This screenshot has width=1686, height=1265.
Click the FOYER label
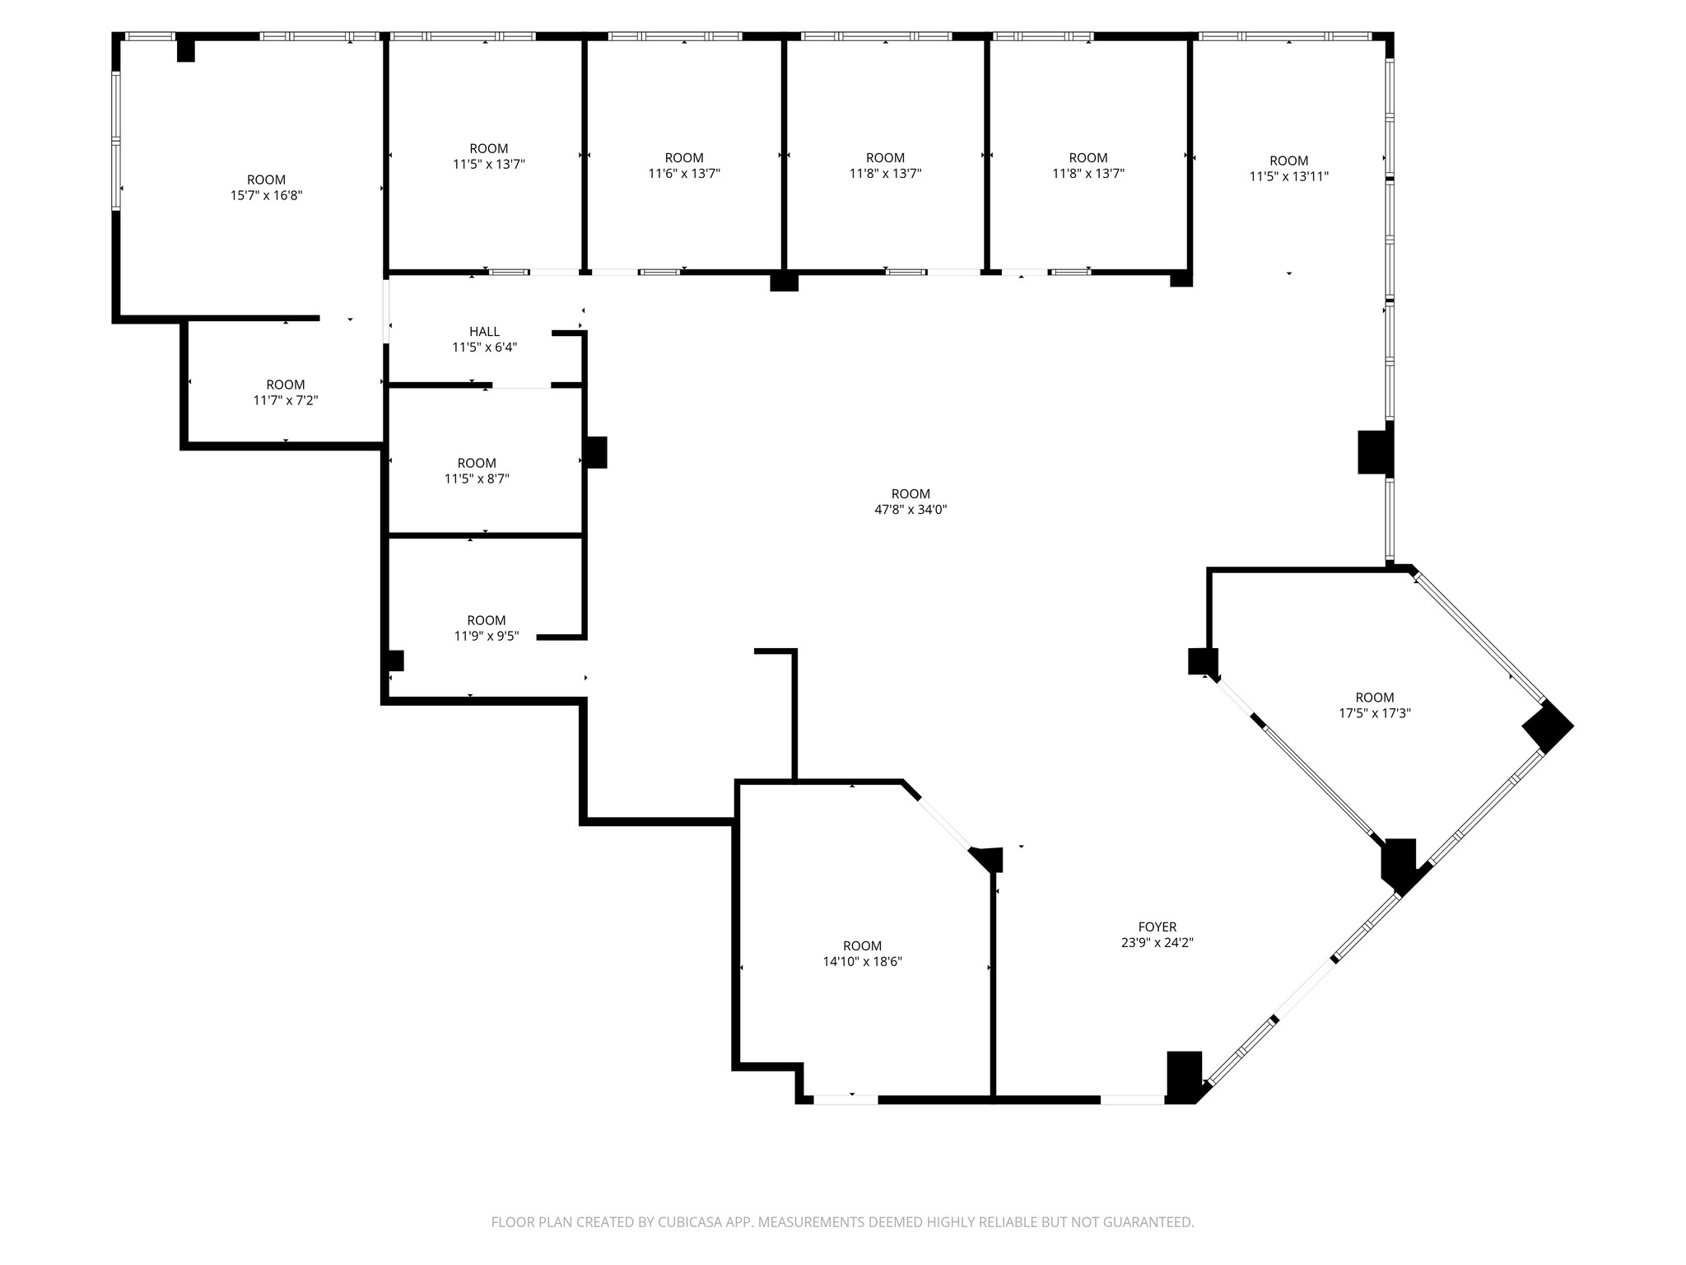[1157, 927]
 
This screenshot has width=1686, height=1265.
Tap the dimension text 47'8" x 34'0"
[910, 510]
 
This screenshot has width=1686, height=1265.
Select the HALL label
[484, 331]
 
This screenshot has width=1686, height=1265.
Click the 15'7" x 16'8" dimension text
[266, 195]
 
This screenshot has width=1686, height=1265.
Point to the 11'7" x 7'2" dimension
[285, 400]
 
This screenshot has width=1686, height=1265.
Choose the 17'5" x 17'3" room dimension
[1374, 713]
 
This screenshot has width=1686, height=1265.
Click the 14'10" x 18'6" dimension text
[862, 961]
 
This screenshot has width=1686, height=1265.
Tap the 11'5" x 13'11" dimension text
[1288, 176]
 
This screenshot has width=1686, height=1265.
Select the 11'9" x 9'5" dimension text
[486, 636]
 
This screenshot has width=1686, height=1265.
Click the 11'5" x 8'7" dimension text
[477, 478]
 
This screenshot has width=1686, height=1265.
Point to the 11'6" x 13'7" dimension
[683, 174]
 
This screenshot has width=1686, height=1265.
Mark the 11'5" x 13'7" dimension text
[488, 164]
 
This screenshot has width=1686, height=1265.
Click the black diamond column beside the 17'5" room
[1547, 726]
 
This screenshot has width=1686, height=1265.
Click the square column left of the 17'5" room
[1203, 661]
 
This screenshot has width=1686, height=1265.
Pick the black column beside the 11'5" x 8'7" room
[596, 452]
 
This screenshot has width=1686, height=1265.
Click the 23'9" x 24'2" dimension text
[1157, 943]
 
